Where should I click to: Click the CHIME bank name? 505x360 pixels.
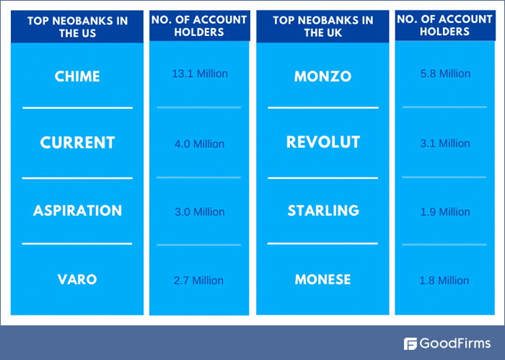(77, 76)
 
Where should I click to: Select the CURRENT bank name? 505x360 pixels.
(77, 143)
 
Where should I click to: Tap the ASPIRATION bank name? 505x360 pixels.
(77, 211)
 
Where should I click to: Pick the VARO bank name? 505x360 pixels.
(77, 279)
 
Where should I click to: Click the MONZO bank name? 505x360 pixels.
(322, 76)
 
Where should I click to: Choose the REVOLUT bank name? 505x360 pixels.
(322, 143)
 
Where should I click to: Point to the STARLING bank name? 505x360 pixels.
(322, 211)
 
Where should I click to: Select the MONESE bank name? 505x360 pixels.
(322, 279)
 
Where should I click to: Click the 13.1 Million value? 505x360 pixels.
(200, 74)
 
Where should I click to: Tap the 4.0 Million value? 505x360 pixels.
(200, 144)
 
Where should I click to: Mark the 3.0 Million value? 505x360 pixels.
(200, 212)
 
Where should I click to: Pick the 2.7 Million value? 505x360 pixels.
(200, 281)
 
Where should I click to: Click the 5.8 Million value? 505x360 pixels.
(445, 74)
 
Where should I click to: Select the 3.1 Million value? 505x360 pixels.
(445, 144)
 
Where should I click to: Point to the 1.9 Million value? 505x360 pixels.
(445, 212)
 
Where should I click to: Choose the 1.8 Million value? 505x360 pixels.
(445, 281)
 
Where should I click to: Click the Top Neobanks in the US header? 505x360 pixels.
(77, 27)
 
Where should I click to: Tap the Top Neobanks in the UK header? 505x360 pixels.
(322, 27)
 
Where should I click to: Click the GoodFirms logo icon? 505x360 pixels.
(410, 343)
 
